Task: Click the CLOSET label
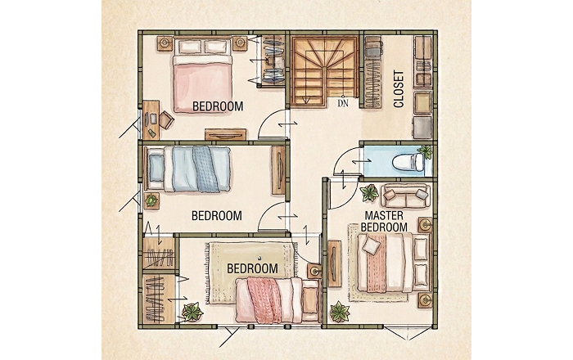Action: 399,89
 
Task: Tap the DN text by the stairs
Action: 343,103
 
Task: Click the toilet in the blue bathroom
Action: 408,162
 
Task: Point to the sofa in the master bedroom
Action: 405,196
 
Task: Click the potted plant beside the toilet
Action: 426,151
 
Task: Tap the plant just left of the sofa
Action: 369,193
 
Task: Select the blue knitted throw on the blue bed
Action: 207,169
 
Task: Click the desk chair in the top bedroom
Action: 166,119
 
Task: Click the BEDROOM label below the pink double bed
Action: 218,106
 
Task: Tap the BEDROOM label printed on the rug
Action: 252,268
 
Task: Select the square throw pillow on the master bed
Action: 372,245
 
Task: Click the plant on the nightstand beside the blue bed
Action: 151,200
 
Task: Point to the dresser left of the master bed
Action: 334,263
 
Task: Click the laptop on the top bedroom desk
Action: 152,119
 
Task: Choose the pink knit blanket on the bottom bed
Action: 264,300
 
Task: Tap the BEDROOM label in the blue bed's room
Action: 217,216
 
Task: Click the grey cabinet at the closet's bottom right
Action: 422,128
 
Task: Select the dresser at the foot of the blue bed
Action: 278,170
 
